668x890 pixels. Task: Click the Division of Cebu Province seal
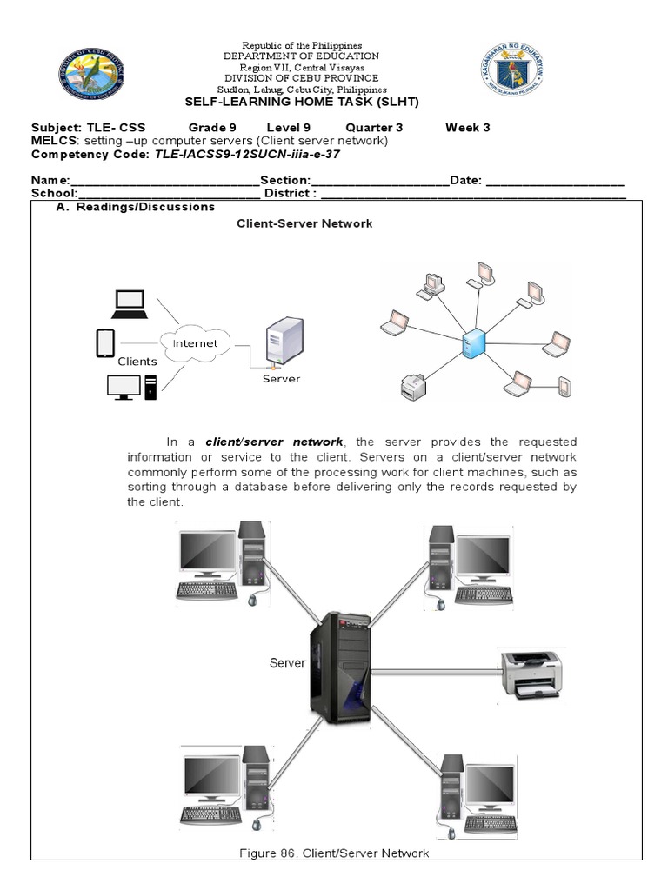pos(91,75)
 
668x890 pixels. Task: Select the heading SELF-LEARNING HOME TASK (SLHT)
pos(290,102)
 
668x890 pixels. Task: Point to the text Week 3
pos(467,128)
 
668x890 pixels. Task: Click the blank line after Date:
pos(554,180)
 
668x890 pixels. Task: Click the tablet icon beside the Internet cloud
pos(105,342)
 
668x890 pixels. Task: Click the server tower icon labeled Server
pos(283,342)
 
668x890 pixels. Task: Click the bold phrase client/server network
pos(274,442)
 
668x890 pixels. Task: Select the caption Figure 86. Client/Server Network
pos(334,853)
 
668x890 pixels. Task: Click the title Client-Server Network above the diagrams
pos(304,223)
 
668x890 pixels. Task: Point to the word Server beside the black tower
pos(287,663)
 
